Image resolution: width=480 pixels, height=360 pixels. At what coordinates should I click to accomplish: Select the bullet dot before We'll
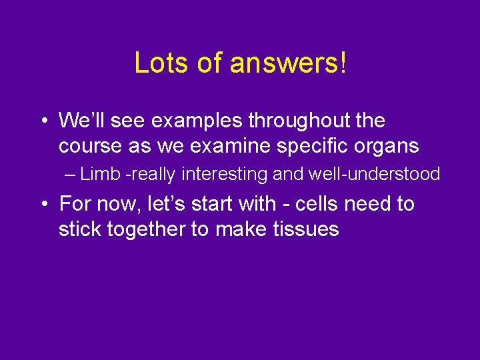coord(43,121)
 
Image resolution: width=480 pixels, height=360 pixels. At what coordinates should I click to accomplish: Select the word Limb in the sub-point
coord(100,175)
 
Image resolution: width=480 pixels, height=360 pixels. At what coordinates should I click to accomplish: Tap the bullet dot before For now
coord(43,204)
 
